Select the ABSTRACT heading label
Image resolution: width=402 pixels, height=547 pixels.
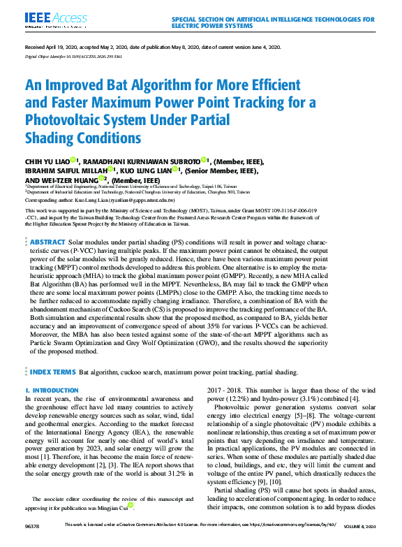point(47,241)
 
